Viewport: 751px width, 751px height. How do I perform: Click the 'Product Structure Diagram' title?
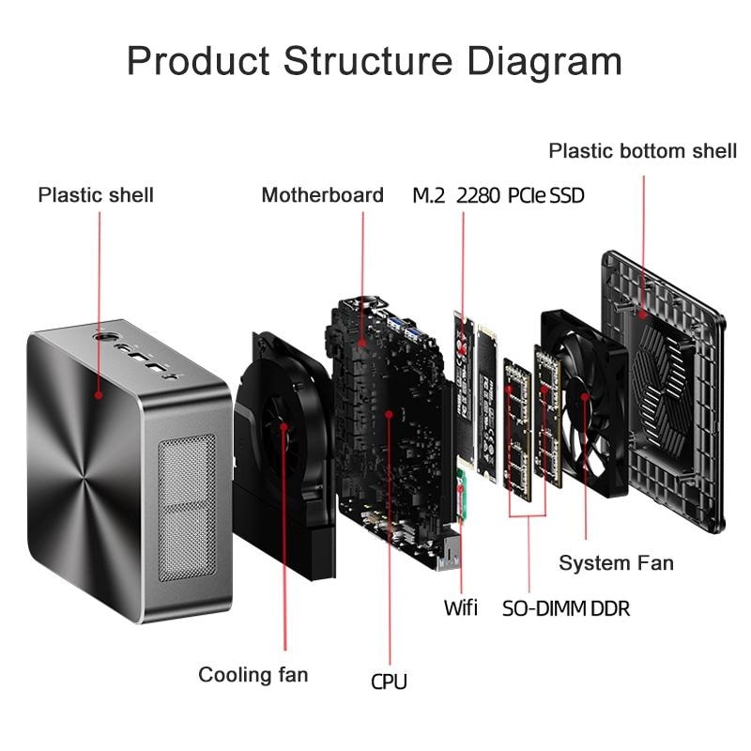click(x=375, y=61)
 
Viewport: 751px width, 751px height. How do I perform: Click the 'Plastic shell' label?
click(x=96, y=195)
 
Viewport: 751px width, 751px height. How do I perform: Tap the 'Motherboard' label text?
click(x=322, y=195)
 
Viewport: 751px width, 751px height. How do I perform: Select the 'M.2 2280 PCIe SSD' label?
click(x=498, y=195)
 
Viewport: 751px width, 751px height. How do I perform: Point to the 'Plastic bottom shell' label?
click(x=642, y=150)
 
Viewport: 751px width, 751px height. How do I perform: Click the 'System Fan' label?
click(x=616, y=563)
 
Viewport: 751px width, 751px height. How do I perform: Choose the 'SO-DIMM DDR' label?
click(x=565, y=608)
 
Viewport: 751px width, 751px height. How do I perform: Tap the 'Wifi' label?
click(x=460, y=608)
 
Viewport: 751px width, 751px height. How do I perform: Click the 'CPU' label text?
click(x=389, y=682)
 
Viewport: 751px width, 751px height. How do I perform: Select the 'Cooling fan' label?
click(x=253, y=674)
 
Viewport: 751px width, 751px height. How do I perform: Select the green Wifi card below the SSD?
click(x=462, y=496)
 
